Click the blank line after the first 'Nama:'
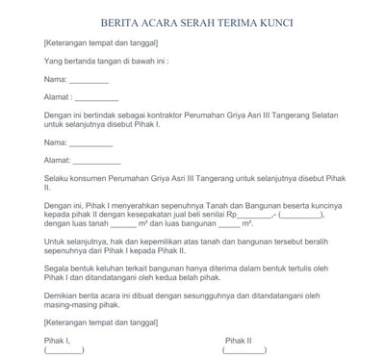tap(89, 81)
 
